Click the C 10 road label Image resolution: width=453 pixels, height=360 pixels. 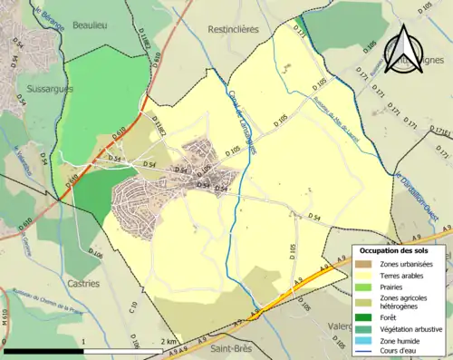pyautogui.click(x=133, y=308)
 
